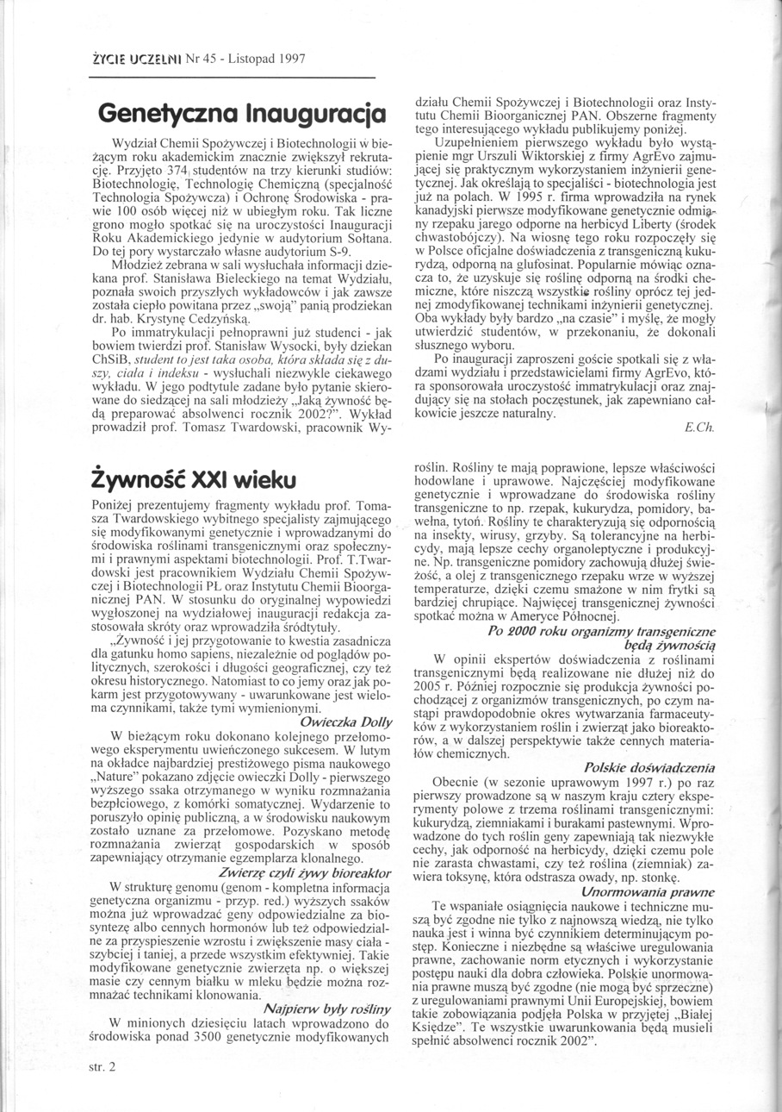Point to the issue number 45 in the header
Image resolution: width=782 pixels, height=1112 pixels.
pyautogui.click(x=206, y=59)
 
